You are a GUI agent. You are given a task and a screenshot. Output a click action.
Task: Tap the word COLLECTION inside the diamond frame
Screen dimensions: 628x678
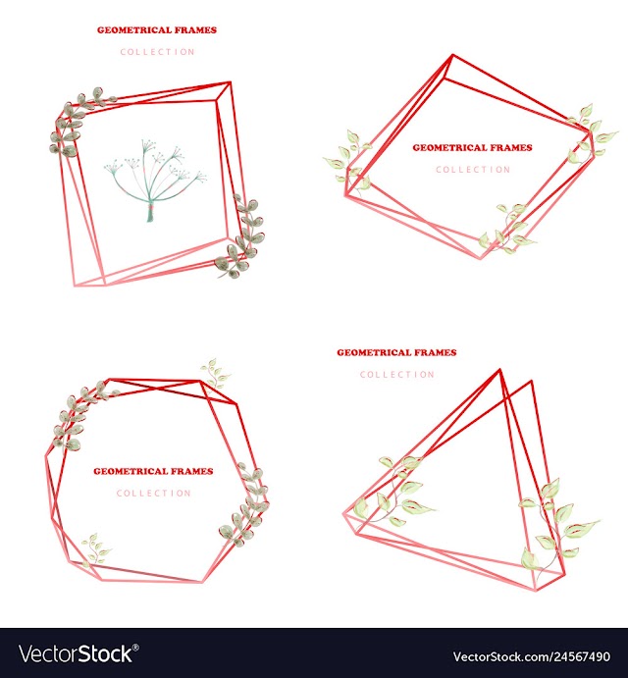pos(473,170)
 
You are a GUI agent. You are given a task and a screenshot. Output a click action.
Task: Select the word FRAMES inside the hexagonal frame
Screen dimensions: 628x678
pos(194,471)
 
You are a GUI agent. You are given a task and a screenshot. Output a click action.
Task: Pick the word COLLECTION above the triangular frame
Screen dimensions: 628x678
pos(397,375)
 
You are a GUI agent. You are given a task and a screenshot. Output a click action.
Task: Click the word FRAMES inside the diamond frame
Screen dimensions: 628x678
pos(513,148)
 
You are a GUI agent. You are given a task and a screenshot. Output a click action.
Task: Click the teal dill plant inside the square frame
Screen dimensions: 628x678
pos(155,181)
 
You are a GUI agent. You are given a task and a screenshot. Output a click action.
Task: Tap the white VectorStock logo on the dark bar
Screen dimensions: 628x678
pos(77,654)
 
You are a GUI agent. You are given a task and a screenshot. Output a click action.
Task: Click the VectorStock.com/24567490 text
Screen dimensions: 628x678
pos(532,656)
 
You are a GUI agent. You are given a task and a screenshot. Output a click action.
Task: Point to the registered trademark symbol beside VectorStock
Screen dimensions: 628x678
pos(135,648)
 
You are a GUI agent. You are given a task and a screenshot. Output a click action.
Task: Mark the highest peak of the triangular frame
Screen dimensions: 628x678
pos(500,369)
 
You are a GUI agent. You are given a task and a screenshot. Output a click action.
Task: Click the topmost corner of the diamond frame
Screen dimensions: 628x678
pos(452,55)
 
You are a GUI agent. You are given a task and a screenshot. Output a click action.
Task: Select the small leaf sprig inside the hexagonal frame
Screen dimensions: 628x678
pos(95,549)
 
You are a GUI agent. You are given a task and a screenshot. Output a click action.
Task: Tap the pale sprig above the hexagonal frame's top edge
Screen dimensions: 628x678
pos(215,373)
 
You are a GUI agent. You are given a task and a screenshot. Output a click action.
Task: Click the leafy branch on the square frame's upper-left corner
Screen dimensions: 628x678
pos(79,122)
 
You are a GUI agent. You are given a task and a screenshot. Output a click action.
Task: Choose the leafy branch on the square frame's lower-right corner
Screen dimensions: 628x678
pos(241,237)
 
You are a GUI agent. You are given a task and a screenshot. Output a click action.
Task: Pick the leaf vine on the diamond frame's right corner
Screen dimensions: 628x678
pos(590,132)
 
